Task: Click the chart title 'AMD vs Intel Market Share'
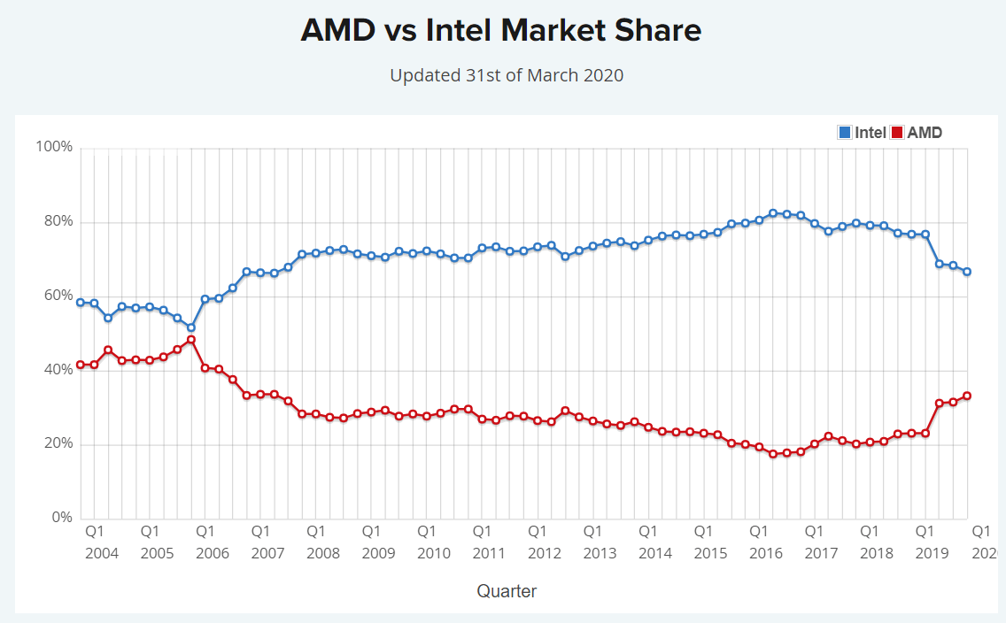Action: [x=500, y=31]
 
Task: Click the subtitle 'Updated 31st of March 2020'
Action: [x=507, y=75]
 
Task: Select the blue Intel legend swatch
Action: [x=845, y=133]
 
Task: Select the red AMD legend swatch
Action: [x=897, y=133]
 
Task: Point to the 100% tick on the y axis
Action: [x=54, y=147]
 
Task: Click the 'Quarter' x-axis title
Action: [x=507, y=591]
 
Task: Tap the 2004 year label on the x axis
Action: [x=102, y=553]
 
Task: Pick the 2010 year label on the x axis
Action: [x=434, y=553]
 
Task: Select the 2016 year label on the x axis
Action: [x=766, y=553]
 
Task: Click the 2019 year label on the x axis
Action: [x=932, y=553]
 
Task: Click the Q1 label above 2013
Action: [x=592, y=532]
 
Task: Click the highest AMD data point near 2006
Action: [x=191, y=340]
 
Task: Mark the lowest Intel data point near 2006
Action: [x=191, y=327]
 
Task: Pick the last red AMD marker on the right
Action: [x=967, y=396]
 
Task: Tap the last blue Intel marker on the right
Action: [x=967, y=272]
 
